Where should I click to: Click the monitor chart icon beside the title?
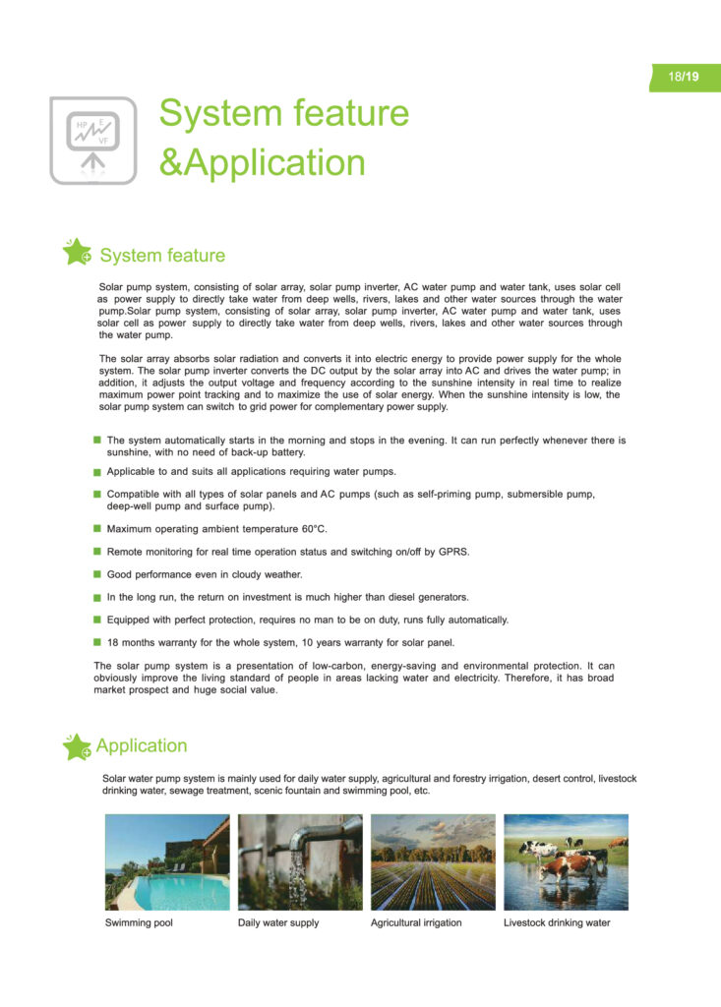tap(93, 140)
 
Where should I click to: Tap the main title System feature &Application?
tap(283, 138)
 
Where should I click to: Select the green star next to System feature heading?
tap(77, 254)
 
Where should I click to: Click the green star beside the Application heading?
tap(76, 746)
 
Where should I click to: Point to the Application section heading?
tap(141, 746)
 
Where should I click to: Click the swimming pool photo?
tap(167, 862)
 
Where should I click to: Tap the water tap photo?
tap(300, 862)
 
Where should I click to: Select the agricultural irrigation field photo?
tap(433, 862)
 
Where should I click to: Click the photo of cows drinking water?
tap(566, 862)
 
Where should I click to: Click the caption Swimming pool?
tap(139, 923)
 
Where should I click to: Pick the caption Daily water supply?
tap(278, 923)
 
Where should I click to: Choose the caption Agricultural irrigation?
tap(416, 923)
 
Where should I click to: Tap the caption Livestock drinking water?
tap(557, 923)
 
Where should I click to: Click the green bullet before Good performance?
tap(97, 574)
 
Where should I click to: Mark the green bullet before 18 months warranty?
tap(97, 642)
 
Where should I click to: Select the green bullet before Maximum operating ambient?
tap(97, 529)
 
